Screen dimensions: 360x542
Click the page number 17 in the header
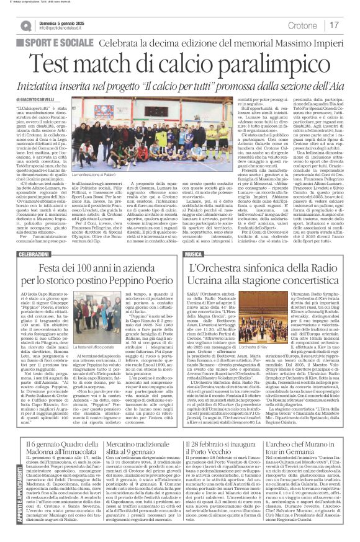[x=335, y=25]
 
